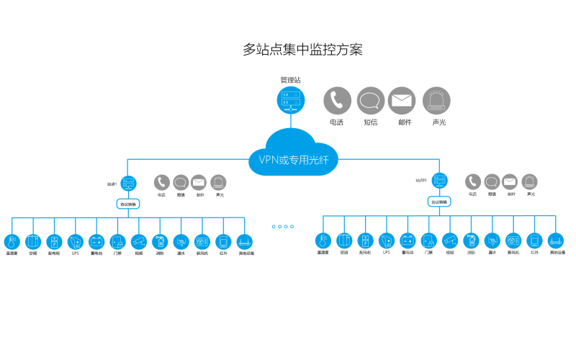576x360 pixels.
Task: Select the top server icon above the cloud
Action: pos(291,100)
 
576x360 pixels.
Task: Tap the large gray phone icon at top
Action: pos(337,101)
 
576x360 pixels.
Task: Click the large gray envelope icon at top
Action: pos(402,101)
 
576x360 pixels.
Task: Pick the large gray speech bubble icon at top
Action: pos(371,101)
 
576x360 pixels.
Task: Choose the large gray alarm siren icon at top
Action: pos(436,101)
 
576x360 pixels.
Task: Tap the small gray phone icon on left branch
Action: pos(161,182)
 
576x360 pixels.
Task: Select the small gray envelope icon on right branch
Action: pos(510,181)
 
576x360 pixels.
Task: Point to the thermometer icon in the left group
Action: pos(12,242)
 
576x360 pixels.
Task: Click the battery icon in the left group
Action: pos(96,242)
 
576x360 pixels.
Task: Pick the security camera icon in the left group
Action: pos(138,242)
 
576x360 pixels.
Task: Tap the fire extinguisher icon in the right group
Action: pos(471,241)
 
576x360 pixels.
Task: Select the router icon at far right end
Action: pos(555,241)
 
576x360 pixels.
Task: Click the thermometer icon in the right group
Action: pos(323,241)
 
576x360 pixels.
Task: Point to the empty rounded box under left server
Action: pos(128,204)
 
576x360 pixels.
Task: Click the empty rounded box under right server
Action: pos(439,202)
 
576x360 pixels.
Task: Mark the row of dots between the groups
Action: pos(283,226)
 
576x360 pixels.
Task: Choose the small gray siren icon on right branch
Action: pos(529,181)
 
